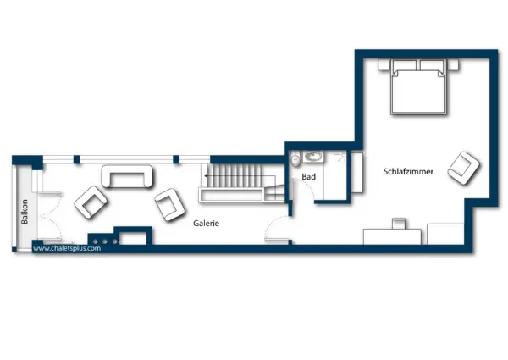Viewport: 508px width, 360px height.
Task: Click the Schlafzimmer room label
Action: click(x=408, y=172)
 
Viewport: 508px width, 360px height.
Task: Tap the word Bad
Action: click(x=308, y=177)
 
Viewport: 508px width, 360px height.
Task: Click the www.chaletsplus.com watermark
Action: click(x=67, y=249)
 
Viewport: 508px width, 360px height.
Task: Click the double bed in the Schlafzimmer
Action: click(x=417, y=89)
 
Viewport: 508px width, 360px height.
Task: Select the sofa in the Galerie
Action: click(x=128, y=176)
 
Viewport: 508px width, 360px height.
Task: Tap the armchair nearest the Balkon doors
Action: click(x=91, y=202)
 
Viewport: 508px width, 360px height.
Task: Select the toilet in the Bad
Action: click(x=295, y=158)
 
